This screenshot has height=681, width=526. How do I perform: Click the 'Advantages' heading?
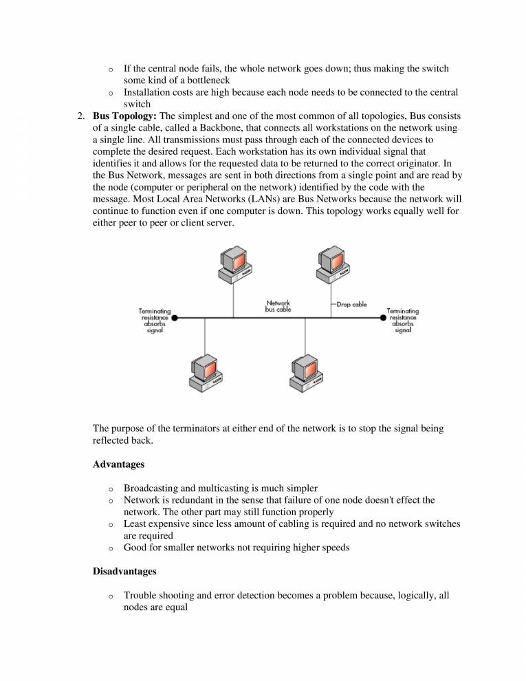click(118, 464)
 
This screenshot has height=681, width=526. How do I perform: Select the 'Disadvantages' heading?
click(124, 571)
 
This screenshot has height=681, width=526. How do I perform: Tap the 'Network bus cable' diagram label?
click(278, 306)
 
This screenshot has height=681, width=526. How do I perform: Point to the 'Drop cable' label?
click(351, 304)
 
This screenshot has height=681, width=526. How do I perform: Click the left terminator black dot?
click(175, 318)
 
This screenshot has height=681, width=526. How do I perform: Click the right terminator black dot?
click(383, 318)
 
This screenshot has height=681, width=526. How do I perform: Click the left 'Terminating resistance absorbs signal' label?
click(155, 321)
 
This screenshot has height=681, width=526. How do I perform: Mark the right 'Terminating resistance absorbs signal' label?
click(402, 321)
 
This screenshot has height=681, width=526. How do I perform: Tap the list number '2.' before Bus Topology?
click(81, 115)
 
